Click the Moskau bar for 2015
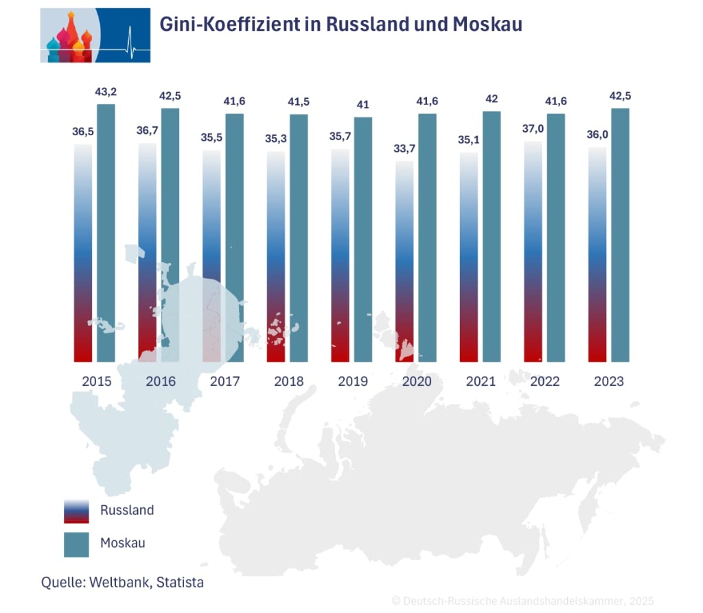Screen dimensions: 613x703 [x=106, y=233]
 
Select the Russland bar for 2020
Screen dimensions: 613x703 [x=404, y=261]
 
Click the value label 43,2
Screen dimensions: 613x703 [x=106, y=92]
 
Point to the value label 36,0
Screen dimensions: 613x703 [x=597, y=135]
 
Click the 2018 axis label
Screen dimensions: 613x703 [x=289, y=382]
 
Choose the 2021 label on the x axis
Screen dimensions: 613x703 [x=481, y=382]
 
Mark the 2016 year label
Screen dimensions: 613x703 [x=161, y=382]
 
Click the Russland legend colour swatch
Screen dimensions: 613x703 [x=76, y=511]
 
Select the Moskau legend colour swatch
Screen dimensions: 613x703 [x=76, y=544]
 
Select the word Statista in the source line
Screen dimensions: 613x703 [x=180, y=582]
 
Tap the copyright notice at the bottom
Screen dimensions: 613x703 [x=522, y=601]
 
